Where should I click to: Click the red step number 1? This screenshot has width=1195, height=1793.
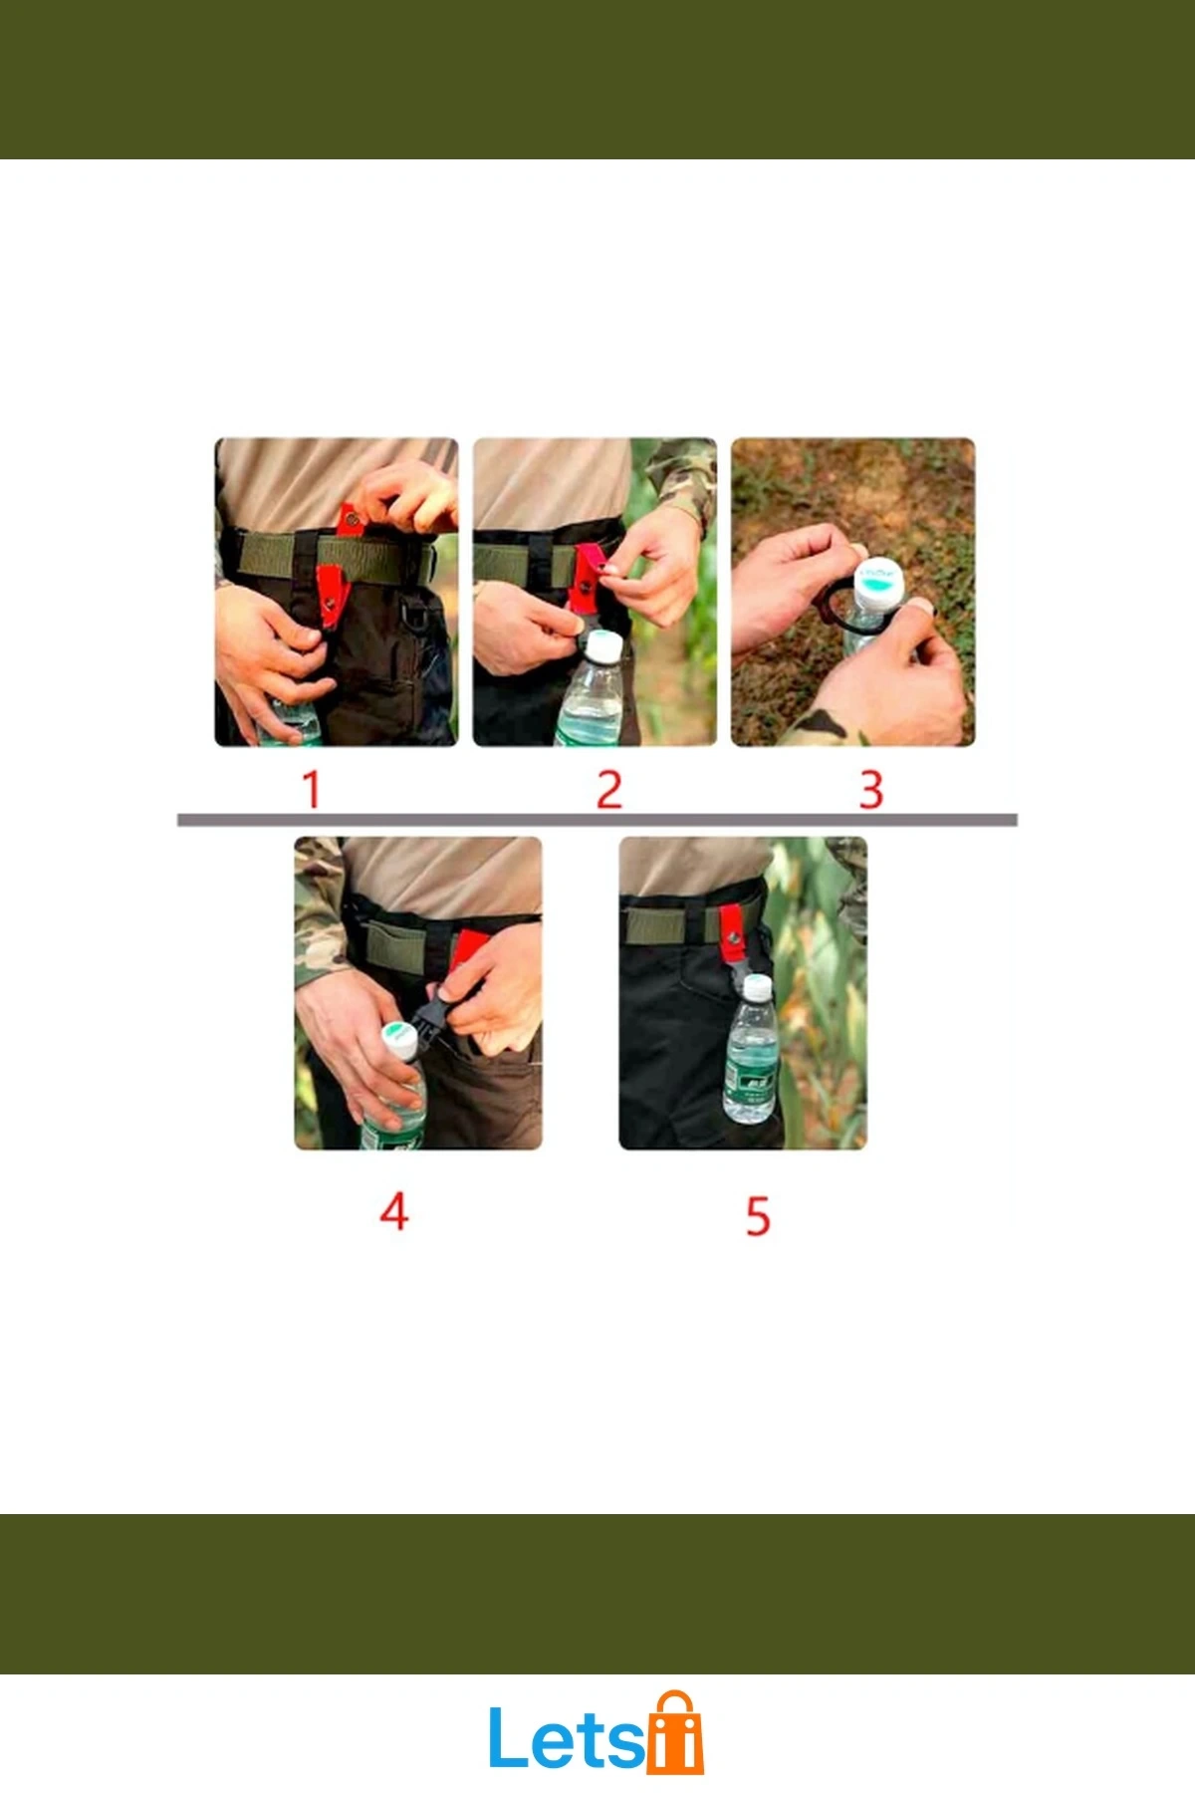point(312,789)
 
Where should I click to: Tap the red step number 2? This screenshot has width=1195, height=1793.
point(609,789)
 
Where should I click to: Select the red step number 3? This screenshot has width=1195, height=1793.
point(871,789)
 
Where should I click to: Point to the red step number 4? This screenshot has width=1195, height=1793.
point(394,1211)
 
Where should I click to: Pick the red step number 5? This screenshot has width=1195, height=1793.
point(758,1216)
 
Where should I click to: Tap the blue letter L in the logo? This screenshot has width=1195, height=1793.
point(509,1738)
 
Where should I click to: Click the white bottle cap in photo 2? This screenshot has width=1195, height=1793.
point(602,647)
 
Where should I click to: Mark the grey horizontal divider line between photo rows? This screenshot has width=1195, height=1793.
point(597,820)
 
